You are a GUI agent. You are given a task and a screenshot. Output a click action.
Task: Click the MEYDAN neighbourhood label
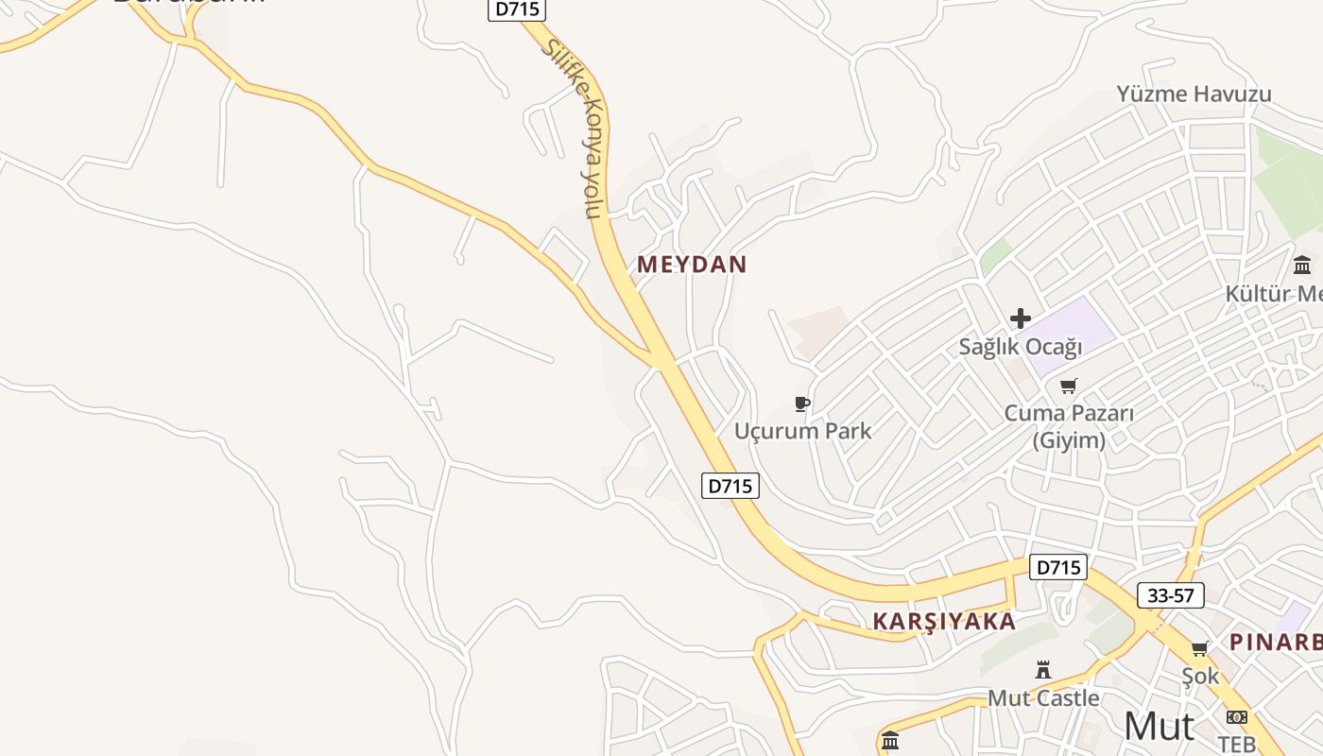click(692, 265)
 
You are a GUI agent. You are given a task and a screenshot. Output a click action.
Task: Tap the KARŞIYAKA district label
click(944, 621)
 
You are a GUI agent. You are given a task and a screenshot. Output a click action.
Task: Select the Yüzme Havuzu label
click(1194, 94)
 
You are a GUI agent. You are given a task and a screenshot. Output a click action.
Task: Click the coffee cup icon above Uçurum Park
click(802, 404)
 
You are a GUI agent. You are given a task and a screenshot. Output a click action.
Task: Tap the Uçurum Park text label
click(802, 431)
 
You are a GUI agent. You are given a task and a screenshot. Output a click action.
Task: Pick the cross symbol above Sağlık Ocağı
click(1020, 318)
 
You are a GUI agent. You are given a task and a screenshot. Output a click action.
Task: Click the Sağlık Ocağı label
click(1020, 347)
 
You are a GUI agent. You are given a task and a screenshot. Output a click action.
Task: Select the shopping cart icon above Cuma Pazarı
click(1068, 386)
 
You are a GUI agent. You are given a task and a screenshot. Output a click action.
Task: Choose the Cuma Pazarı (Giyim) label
click(1068, 426)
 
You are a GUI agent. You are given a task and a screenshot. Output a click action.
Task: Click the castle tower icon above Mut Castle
click(1043, 670)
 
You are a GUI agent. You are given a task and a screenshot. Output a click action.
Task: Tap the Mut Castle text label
click(1043, 698)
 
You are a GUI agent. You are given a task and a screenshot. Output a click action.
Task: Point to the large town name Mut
click(1159, 726)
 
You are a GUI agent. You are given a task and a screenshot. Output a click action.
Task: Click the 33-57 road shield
click(1170, 595)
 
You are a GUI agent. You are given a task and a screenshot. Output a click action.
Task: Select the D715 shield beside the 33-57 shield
click(1057, 567)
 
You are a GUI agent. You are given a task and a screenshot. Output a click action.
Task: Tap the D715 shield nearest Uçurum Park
click(730, 486)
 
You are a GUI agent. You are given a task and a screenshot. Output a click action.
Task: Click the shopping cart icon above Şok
click(1199, 648)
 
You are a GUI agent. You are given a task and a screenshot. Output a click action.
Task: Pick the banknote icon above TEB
click(1236, 717)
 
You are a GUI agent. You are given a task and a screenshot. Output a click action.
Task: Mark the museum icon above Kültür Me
click(1302, 265)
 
